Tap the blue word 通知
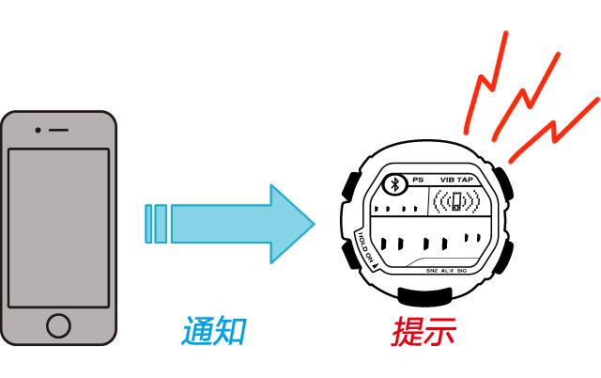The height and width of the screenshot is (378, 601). point(214,331)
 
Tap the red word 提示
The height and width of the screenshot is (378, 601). point(424,331)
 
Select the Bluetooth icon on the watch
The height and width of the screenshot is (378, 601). point(396,181)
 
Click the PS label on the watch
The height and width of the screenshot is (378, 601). point(418,179)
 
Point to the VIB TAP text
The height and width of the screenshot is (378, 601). point(456,179)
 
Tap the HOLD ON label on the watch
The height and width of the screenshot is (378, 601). point(363,249)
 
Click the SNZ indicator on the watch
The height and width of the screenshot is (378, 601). point(431,271)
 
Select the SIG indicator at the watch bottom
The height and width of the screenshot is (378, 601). point(461,271)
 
